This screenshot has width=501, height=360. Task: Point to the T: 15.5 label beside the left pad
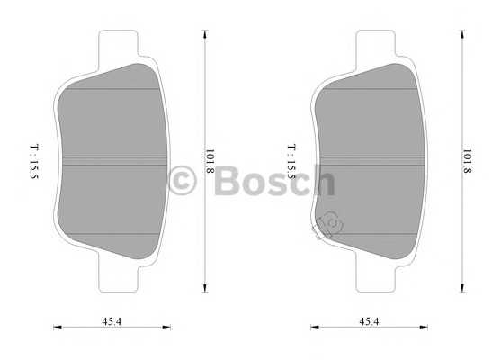click(32, 161)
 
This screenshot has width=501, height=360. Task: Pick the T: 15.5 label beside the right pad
click(291, 161)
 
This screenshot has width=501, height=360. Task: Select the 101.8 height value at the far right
click(467, 161)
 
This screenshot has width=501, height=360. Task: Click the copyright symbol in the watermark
click(183, 181)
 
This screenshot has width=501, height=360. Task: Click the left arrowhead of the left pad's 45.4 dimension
click(56, 328)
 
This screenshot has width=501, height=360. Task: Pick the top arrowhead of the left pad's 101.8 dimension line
click(206, 34)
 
